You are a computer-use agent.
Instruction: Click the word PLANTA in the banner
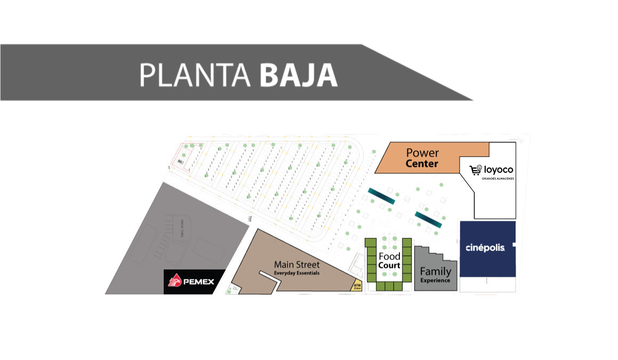coord(195,75)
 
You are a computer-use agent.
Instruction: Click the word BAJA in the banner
coord(299,75)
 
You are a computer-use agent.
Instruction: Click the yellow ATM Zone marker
coord(357,286)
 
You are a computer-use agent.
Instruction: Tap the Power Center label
coord(422,158)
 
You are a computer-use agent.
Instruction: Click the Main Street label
coord(296,265)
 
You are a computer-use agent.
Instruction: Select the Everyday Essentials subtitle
coord(296,273)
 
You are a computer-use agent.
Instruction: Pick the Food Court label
coord(389,261)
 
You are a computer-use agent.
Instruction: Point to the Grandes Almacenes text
coord(498,178)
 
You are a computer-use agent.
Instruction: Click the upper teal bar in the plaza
coord(381,196)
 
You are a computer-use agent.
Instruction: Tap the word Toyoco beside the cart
coord(499,170)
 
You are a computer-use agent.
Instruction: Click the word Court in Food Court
coord(389,266)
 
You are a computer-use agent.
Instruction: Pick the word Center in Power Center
coord(422,164)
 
